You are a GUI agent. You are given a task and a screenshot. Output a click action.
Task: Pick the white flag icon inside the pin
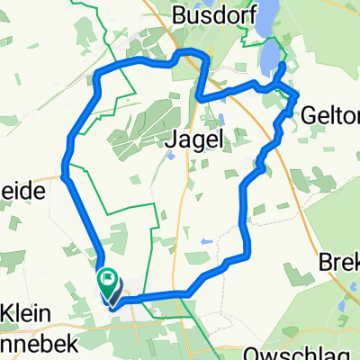coord(108,281)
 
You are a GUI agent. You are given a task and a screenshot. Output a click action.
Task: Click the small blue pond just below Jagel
coord(169,156)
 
